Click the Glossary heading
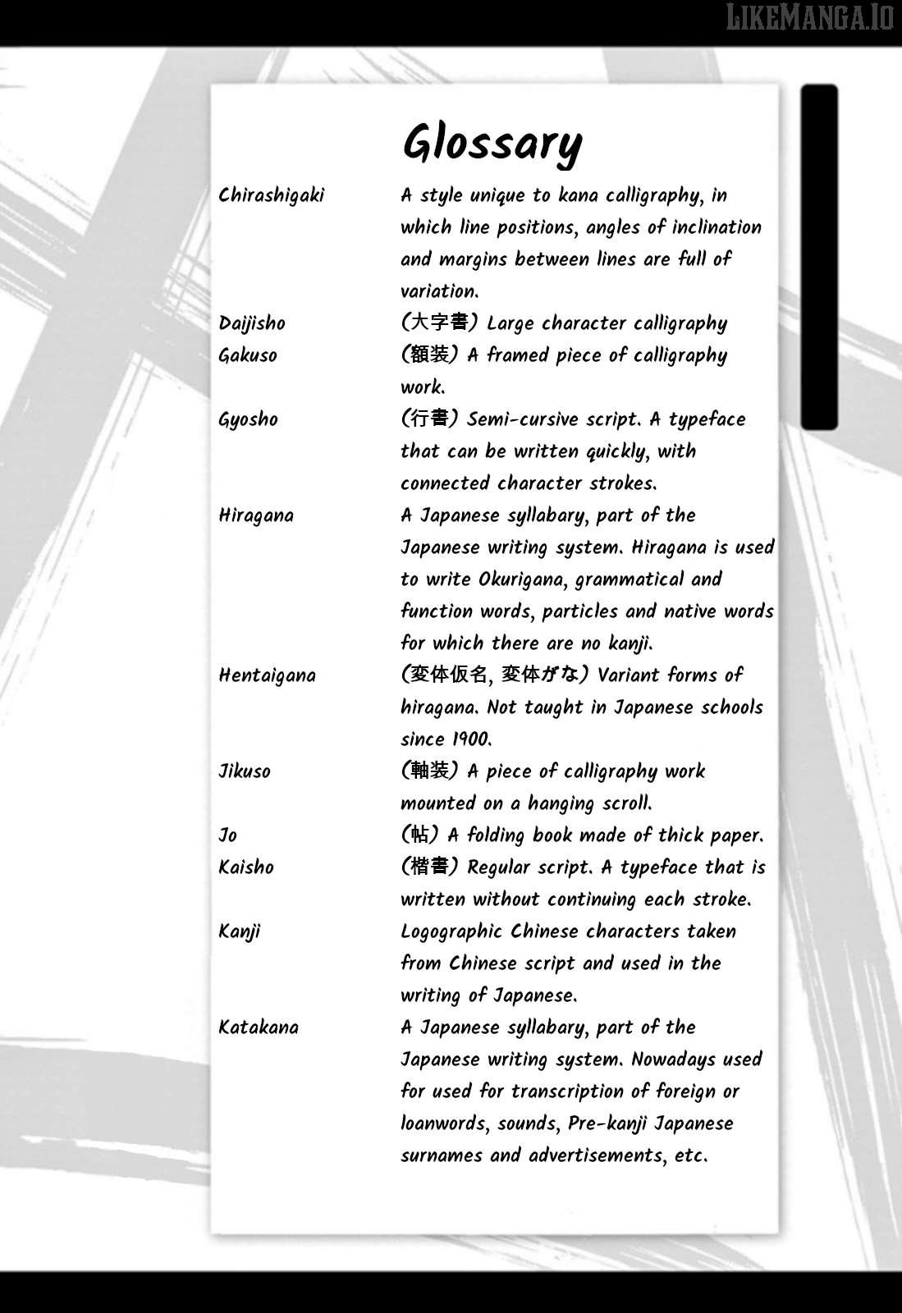(x=492, y=144)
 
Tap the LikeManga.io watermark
(x=809, y=17)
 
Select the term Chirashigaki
(x=272, y=195)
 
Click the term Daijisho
(x=252, y=323)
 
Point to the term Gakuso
(x=248, y=355)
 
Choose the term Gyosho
(x=248, y=419)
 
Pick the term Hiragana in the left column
(x=256, y=515)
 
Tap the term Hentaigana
(x=267, y=675)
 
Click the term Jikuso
(x=245, y=771)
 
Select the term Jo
(x=228, y=835)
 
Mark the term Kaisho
(x=246, y=867)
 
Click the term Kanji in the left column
(x=240, y=932)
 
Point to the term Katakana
(x=259, y=1027)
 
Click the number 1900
(x=469, y=739)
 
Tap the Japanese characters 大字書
(x=439, y=323)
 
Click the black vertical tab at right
(x=819, y=257)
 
